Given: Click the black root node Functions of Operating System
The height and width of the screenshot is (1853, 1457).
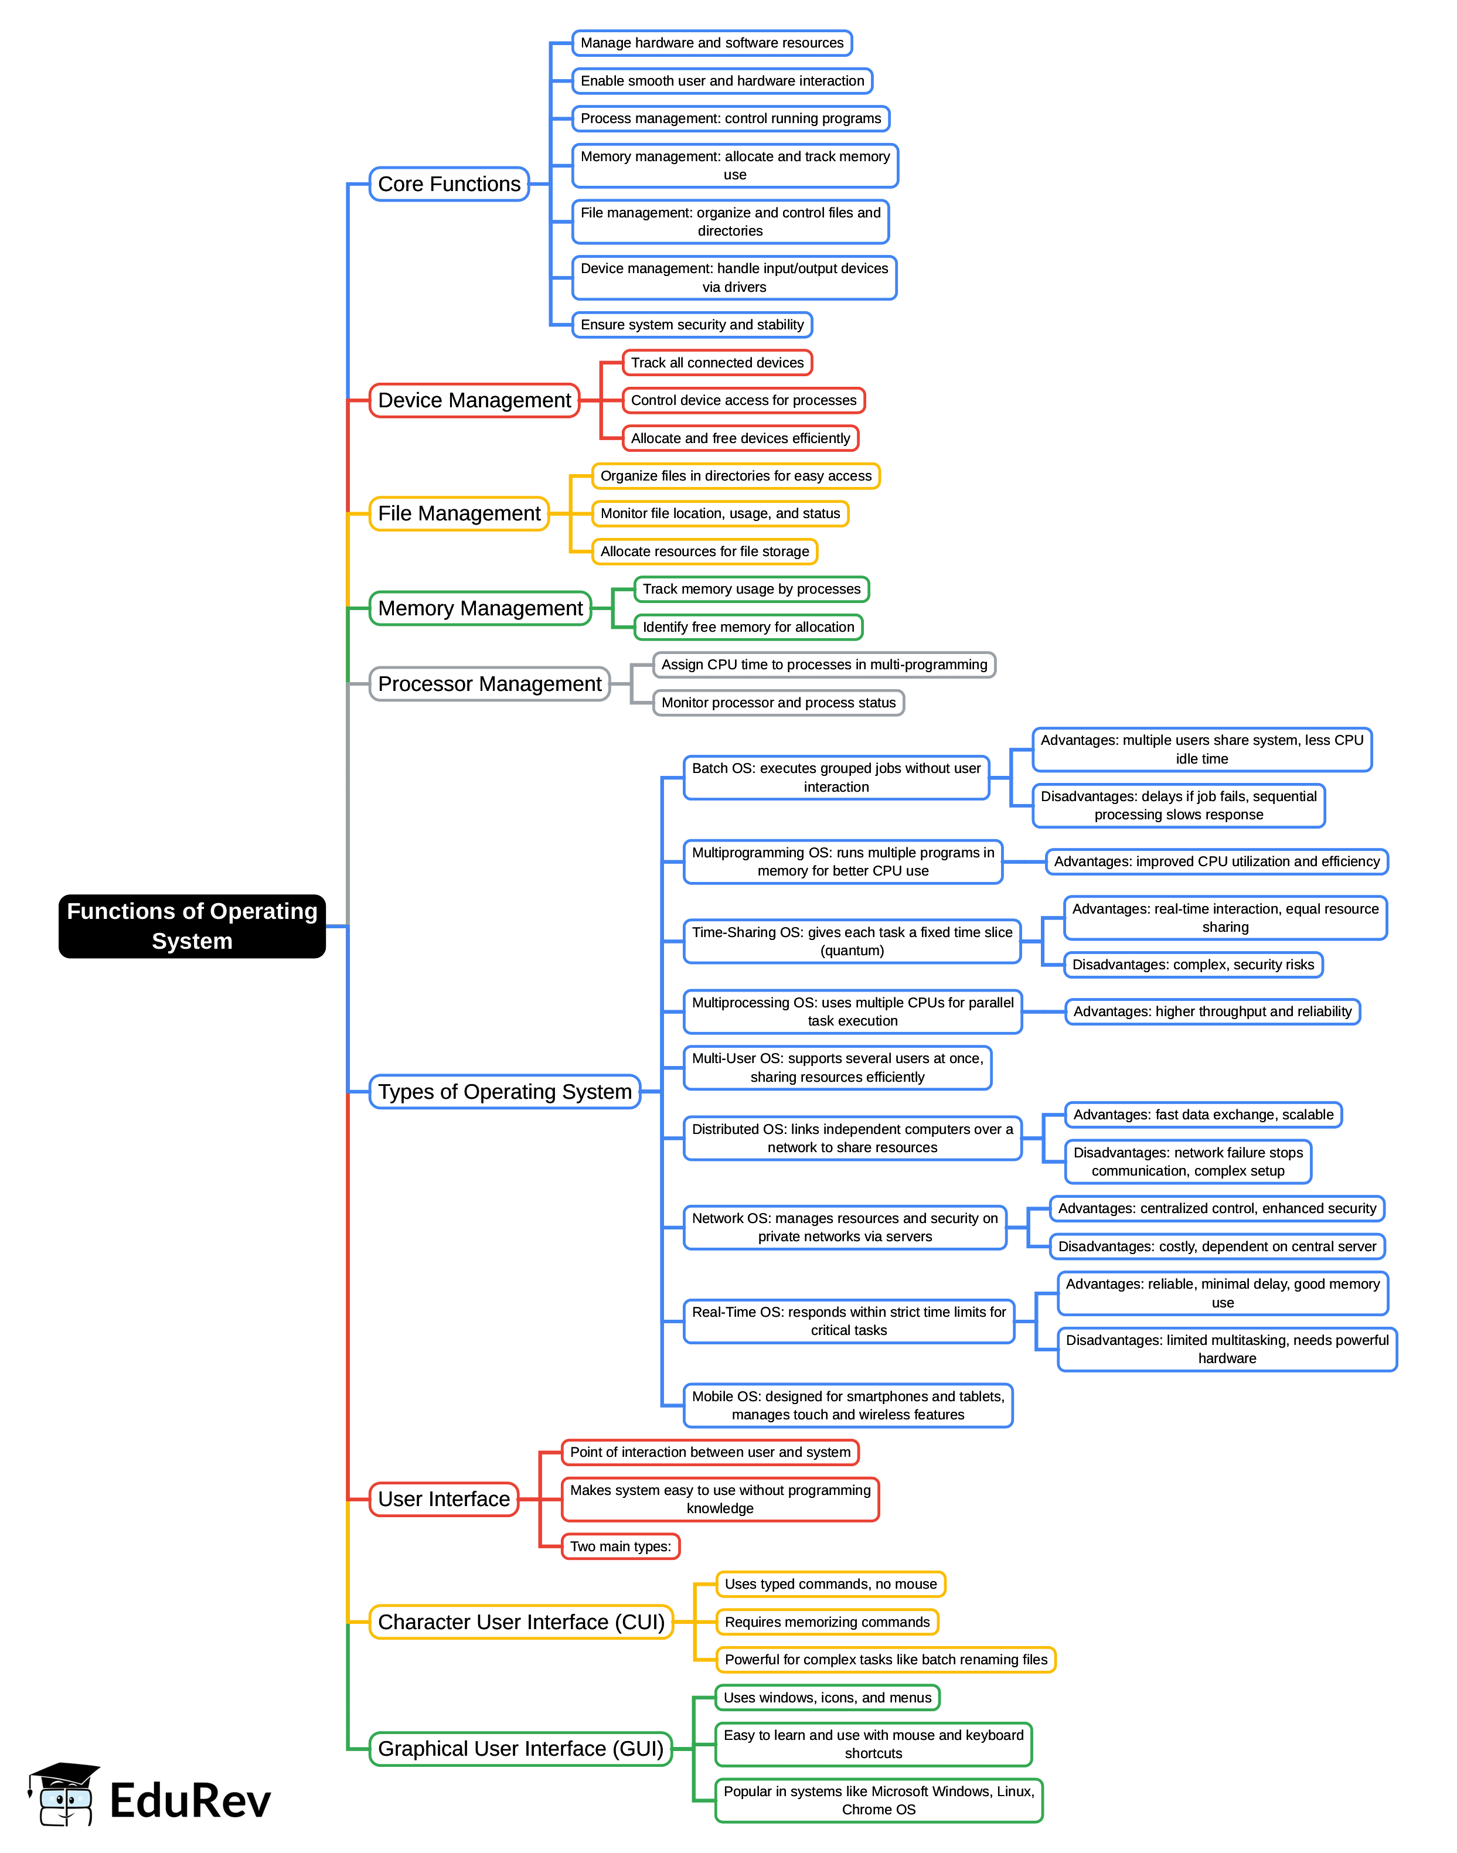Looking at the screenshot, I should [192, 926].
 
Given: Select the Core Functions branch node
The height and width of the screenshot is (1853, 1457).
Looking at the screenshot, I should [449, 184].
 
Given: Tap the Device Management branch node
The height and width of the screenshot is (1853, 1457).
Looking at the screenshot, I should [474, 401].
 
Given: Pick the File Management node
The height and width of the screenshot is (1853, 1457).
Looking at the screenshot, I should [459, 514].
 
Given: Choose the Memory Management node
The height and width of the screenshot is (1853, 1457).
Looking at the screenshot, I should [480, 609].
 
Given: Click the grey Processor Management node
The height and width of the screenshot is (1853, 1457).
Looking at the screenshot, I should [489, 684].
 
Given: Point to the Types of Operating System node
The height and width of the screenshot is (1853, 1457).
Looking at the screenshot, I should [505, 1092].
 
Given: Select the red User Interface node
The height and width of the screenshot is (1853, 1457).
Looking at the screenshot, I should [444, 1499].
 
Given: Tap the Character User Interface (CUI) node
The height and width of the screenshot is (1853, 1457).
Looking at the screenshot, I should [521, 1622].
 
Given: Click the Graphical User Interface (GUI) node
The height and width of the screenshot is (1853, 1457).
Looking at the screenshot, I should [520, 1749].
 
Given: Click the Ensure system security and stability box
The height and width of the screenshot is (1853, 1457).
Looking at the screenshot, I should [692, 325].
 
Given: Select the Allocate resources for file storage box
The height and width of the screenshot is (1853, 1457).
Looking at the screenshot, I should [704, 551].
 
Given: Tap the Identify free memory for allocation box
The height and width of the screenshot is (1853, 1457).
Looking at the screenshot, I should [748, 628].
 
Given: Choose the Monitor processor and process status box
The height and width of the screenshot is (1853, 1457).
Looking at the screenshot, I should [778, 703].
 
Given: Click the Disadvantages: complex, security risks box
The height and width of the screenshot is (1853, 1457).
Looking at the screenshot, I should [1193, 965].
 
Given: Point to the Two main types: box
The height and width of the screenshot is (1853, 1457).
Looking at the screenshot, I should [620, 1546].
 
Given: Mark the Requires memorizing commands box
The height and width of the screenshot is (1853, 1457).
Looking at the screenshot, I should [826, 1622].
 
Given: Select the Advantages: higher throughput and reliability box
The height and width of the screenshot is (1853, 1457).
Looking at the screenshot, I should [1212, 1012].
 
